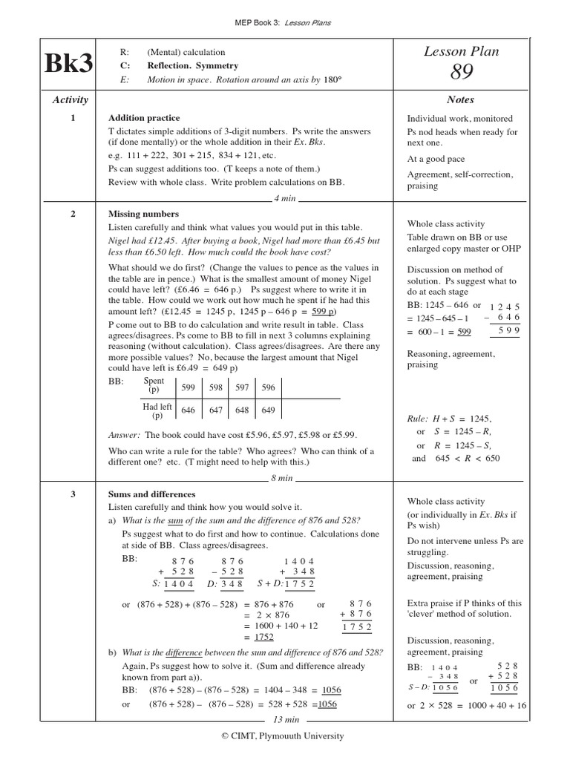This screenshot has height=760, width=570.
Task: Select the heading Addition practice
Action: (144, 118)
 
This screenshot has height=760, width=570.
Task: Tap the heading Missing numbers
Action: (143, 214)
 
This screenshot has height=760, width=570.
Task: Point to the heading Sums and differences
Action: (152, 494)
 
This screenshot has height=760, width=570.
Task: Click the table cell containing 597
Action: (242, 387)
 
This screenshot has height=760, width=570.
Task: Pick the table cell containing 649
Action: (268, 410)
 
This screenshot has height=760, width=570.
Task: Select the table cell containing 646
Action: (189, 410)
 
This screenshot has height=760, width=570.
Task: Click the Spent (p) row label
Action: (154, 385)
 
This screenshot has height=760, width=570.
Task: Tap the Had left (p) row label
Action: (157, 410)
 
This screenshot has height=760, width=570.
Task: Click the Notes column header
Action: (460, 100)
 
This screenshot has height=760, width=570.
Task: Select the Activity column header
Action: (70, 100)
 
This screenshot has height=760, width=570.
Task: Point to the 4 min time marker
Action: (286, 199)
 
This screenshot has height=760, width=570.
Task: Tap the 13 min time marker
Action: (286, 719)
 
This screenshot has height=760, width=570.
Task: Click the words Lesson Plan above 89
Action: (461, 51)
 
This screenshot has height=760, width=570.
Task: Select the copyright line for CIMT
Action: (285, 736)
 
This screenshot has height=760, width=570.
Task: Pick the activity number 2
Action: (73, 214)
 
